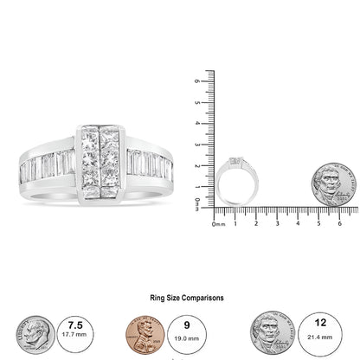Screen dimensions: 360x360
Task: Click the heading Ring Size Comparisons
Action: (x=179, y=297)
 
